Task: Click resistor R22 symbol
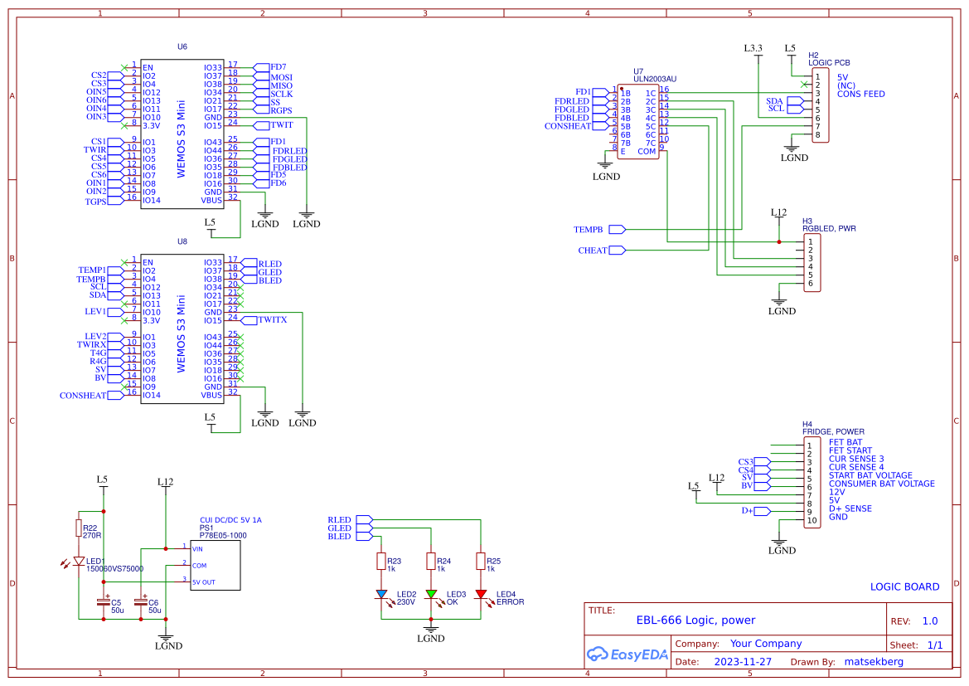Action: [79, 528]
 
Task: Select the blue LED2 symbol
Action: [381, 594]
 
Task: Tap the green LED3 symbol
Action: [431, 594]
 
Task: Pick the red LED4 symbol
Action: [481, 594]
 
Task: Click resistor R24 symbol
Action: [431, 562]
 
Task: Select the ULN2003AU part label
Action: [655, 80]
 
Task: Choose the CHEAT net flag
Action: [618, 251]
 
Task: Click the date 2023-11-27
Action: [742, 662]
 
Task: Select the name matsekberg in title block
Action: [873, 662]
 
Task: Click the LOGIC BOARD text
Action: [904, 586]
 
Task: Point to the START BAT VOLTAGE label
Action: [870, 475]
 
